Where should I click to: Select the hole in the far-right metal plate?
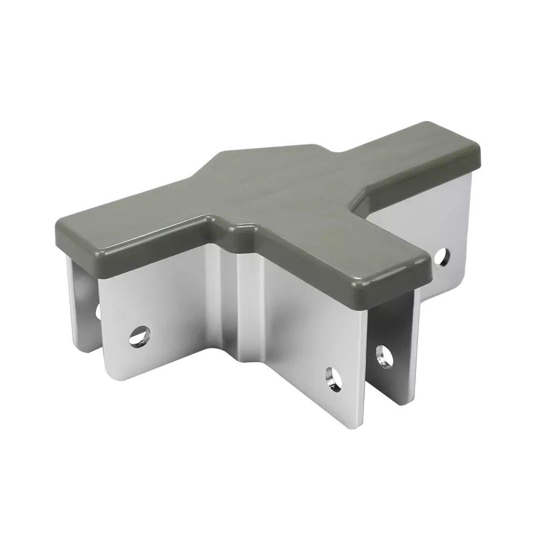tap(444, 257)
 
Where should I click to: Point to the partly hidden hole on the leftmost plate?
tap(98, 311)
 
